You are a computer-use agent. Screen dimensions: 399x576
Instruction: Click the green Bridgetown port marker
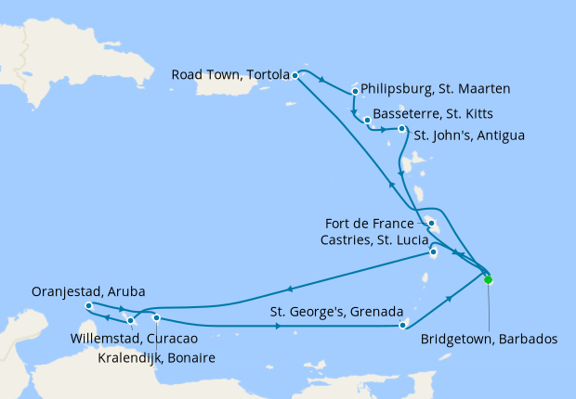(488, 278)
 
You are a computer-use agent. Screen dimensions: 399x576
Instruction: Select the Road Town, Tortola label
(229, 74)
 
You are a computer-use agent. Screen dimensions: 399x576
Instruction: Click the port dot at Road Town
(295, 74)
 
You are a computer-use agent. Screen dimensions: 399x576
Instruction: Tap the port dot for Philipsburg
(356, 92)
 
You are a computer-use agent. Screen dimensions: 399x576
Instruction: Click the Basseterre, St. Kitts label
(428, 113)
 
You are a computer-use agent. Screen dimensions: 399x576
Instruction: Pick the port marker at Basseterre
(368, 121)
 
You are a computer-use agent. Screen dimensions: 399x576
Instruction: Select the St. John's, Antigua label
(469, 135)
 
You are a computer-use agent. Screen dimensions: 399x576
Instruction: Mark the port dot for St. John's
(401, 129)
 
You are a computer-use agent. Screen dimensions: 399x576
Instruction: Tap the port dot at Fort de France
(432, 224)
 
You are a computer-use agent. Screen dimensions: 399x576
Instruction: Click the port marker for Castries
(433, 253)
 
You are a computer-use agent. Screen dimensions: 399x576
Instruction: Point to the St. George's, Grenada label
(335, 312)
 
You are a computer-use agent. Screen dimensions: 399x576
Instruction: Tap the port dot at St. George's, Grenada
(402, 325)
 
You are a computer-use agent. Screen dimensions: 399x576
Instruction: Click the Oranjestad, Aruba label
(87, 290)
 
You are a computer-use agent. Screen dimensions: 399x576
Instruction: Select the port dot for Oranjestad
(87, 305)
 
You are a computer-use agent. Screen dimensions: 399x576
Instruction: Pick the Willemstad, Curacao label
(132, 340)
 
